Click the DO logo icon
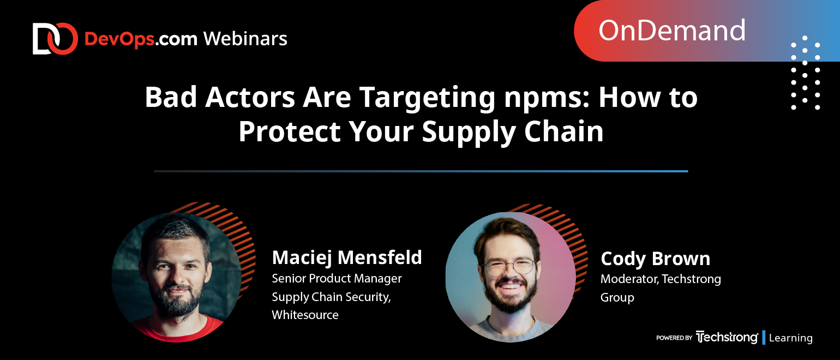point(55,39)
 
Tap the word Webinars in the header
point(245,39)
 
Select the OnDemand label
point(671,31)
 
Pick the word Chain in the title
point(563,131)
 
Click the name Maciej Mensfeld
point(347,257)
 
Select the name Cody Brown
point(655,259)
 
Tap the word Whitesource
point(305,315)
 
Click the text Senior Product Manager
point(337,278)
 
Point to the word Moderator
point(629,279)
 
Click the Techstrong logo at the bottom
point(727,337)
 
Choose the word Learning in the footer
point(790,338)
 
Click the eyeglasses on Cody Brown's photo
point(509,267)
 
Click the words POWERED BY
point(674,338)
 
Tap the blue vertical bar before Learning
point(764,338)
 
